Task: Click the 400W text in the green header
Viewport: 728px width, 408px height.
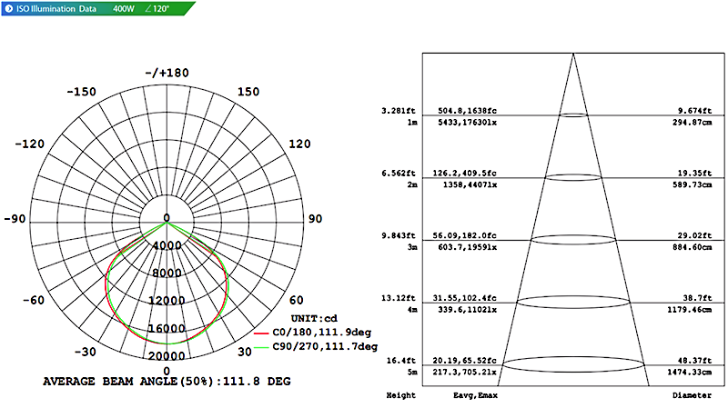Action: coord(124,8)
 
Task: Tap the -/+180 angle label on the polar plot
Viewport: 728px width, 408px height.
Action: coord(167,73)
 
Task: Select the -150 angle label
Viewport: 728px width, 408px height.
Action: coord(81,92)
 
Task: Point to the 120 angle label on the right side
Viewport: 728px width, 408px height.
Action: coord(299,144)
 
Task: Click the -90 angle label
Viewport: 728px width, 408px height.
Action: coord(15,219)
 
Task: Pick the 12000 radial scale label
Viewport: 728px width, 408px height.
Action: coord(167,301)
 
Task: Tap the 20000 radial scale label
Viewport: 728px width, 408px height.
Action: coord(167,356)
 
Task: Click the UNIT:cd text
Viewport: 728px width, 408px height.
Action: coord(314,319)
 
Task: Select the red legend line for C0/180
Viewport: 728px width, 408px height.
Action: coord(261,333)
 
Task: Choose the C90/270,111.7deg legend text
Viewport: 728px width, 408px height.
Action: coord(325,346)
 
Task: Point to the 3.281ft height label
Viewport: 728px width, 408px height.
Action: coord(399,111)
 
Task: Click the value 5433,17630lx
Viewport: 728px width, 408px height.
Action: coord(468,123)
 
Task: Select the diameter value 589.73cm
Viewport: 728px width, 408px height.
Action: coord(692,185)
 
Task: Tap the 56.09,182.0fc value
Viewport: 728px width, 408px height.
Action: coord(465,235)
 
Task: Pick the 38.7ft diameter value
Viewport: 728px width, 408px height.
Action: coord(697,298)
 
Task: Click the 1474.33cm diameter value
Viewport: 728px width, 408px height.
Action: coord(690,372)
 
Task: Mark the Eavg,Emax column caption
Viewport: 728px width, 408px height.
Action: coord(475,395)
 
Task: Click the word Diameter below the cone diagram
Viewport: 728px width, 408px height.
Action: coord(692,395)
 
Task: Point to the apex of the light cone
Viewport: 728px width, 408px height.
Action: coord(573,54)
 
